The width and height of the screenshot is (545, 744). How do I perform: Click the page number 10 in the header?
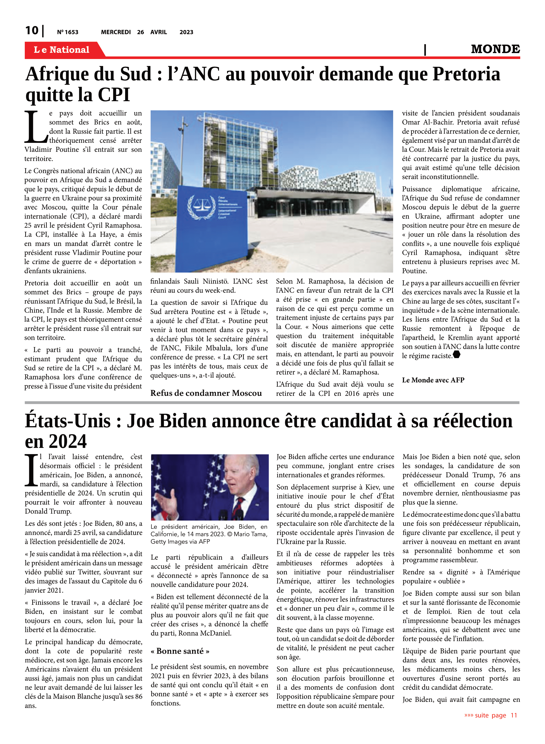32,31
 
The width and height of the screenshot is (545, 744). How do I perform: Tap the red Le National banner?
62,50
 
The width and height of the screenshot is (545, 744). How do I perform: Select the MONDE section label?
495,49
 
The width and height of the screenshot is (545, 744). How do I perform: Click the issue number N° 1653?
68,32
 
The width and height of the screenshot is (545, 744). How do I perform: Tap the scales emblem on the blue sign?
201,207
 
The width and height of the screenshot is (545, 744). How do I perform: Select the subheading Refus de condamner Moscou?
206,393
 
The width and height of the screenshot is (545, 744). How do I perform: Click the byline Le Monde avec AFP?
433,380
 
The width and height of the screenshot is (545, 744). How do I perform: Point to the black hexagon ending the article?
457,355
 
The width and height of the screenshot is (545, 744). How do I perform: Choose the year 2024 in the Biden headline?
68,441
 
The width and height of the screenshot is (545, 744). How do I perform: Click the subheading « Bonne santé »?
180,651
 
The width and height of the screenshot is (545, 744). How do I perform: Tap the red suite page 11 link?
490,715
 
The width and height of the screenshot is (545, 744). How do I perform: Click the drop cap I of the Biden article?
31,470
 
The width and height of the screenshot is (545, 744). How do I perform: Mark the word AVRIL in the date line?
159,32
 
